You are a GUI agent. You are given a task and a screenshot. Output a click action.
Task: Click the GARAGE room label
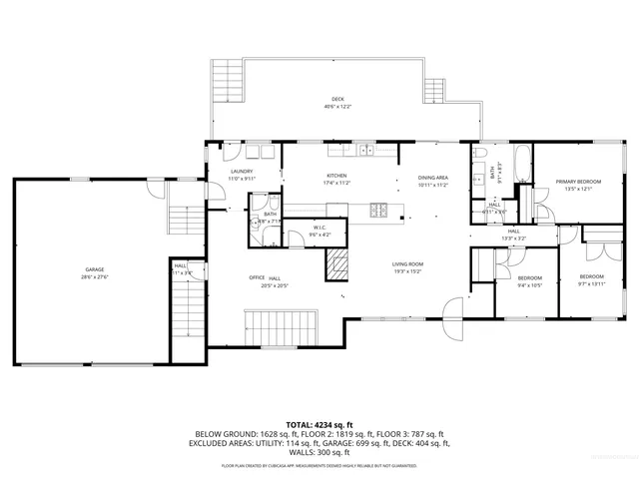click(96, 270)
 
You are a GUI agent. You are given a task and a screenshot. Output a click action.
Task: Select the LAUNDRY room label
click(242, 172)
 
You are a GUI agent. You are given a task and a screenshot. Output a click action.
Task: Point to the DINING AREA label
click(432, 179)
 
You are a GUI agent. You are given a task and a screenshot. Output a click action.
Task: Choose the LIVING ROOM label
click(407, 263)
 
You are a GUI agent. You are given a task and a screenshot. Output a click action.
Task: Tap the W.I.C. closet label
click(320, 228)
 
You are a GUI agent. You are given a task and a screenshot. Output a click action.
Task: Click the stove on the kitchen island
click(379, 210)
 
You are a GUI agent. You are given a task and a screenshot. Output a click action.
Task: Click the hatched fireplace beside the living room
click(338, 265)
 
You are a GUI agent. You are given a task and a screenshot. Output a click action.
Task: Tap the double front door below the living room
click(454, 317)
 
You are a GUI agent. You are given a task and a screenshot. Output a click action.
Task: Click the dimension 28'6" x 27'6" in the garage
click(96, 276)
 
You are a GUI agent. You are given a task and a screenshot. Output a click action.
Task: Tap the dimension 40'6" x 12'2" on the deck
click(339, 106)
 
